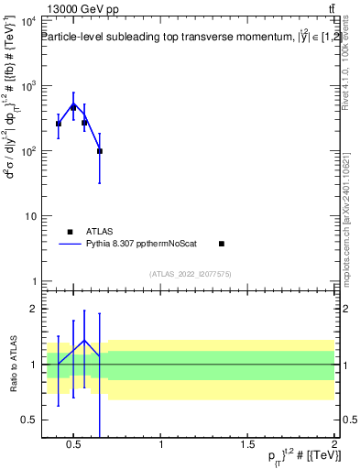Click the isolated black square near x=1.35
click(x=222, y=244)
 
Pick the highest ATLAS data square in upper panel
click(x=73, y=107)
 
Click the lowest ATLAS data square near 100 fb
click(x=99, y=151)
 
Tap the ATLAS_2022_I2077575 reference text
click(x=190, y=274)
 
